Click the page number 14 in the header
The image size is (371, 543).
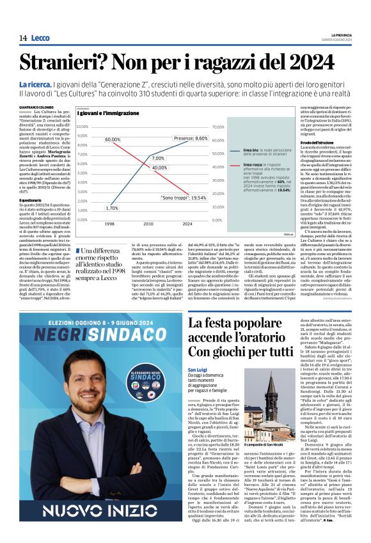(23, 38)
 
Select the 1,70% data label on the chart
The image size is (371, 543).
(112, 208)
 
